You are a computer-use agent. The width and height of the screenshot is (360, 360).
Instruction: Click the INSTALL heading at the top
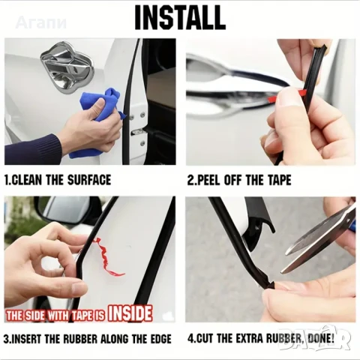click(x=180, y=17)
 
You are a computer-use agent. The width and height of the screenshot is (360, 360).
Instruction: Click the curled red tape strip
click(x=108, y=257)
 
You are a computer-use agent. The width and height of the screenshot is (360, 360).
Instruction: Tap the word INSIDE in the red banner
click(x=130, y=313)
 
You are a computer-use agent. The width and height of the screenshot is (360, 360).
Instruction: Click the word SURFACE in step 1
click(x=89, y=180)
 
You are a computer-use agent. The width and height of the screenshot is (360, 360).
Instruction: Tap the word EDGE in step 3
click(x=159, y=339)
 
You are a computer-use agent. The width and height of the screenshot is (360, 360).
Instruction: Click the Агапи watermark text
click(x=41, y=22)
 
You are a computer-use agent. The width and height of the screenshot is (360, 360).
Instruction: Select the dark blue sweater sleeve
click(x=32, y=149)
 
